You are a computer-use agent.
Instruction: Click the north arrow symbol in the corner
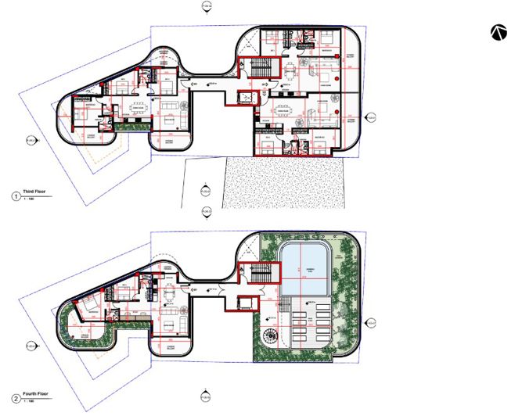click(499, 31)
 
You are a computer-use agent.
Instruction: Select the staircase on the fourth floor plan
click(264, 274)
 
